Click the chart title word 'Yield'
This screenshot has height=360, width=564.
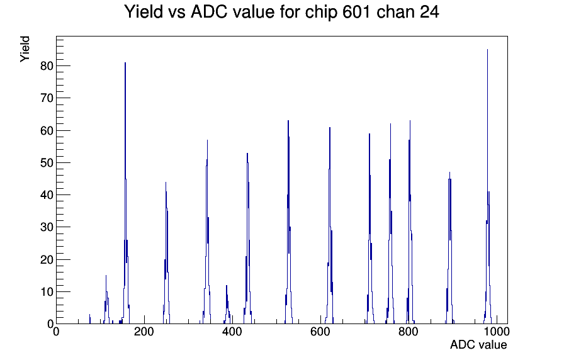point(144,12)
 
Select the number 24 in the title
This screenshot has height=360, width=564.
point(429,12)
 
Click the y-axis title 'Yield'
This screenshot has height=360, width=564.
point(25,49)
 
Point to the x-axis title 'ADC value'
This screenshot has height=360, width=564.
point(478,344)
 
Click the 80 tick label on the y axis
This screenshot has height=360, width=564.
point(47,66)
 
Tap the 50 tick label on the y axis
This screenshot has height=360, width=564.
point(47,162)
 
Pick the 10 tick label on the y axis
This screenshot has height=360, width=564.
point(47,291)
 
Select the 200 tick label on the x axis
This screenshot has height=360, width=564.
point(144,331)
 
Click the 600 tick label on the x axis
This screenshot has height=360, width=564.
point(320,331)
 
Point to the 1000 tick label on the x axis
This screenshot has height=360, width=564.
point(497,331)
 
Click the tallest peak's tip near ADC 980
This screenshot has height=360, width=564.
point(487,50)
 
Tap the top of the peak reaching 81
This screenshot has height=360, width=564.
point(125,62)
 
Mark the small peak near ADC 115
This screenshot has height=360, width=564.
point(106,276)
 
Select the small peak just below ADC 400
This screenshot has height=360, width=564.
point(227,285)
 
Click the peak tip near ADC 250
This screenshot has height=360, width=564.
point(166,183)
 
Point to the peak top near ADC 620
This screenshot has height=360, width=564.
point(329,127)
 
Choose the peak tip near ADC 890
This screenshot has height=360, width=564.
point(449,172)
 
